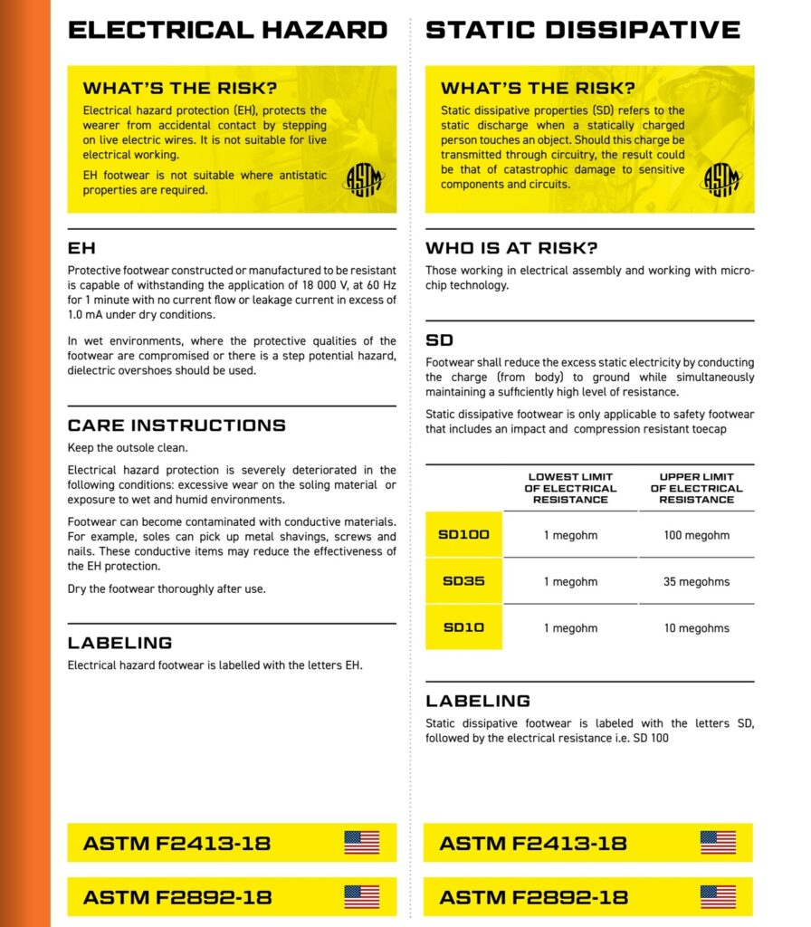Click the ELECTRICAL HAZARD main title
[x=227, y=30]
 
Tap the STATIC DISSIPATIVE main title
[x=583, y=30]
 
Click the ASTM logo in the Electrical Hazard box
[x=364, y=178]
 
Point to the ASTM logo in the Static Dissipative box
[x=721, y=177]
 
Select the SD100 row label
[x=463, y=535]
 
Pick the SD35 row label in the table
[x=463, y=581]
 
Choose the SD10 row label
[x=463, y=627]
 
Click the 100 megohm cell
[x=696, y=535]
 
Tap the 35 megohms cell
[x=696, y=581]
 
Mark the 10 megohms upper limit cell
[x=696, y=627]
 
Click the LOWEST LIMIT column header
[x=570, y=488]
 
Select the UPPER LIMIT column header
[x=696, y=488]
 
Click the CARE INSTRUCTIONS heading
[x=177, y=425]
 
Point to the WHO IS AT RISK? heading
[x=511, y=248]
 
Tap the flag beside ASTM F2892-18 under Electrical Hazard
[x=361, y=897]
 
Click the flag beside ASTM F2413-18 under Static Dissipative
[x=718, y=843]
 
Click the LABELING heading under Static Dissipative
[x=478, y=701]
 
